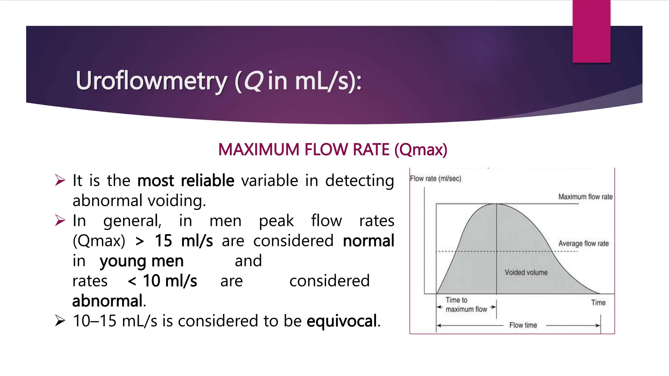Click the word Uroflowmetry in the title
151,81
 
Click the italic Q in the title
253,81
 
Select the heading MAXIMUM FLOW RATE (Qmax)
333,150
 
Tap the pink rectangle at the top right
591,31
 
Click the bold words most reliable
186,181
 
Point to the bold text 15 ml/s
184,241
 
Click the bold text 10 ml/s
170,281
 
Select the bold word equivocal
342,321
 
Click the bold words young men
141,261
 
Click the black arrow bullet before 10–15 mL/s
60,321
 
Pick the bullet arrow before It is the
60,180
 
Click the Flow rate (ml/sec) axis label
435,179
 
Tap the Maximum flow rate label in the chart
585,197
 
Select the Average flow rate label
583,243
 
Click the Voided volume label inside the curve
526,273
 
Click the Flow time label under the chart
523,325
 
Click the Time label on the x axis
598,303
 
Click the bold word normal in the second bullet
368,241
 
